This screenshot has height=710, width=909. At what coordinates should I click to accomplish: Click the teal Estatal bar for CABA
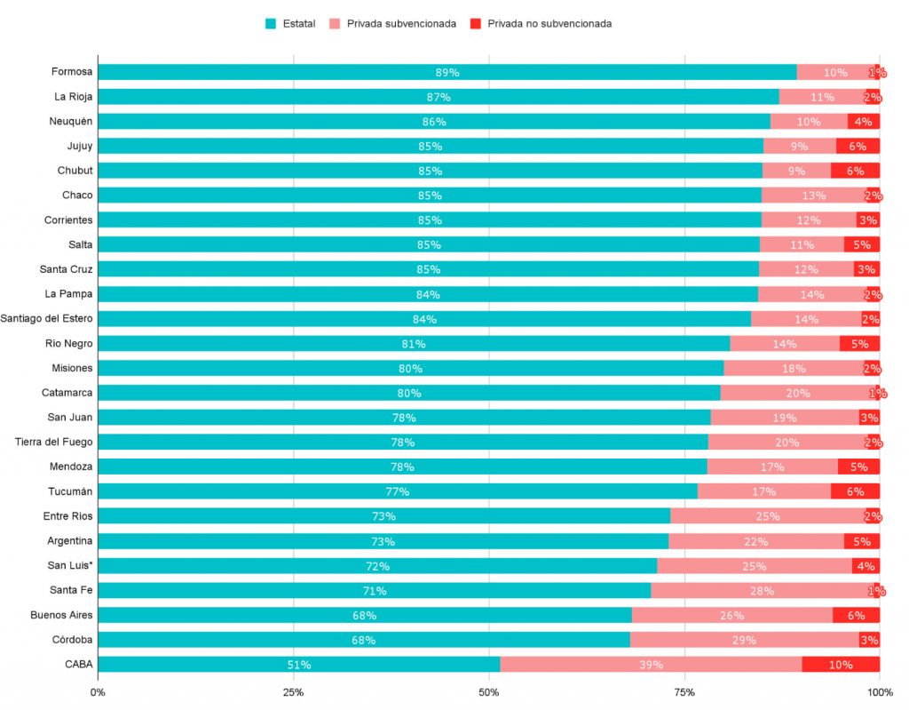[x=298, y=664]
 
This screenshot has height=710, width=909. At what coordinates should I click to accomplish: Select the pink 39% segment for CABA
[x=651, y=664]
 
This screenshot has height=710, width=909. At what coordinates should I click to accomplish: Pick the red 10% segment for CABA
[x=841, y=664]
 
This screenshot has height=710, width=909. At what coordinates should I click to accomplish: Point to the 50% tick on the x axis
[x=489, y=692]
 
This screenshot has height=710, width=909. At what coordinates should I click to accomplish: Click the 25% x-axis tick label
[x=293, y=692]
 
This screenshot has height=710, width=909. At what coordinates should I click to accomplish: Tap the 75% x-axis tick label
[x=684, y=692]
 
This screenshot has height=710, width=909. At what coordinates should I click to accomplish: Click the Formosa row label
[x=72, y=72]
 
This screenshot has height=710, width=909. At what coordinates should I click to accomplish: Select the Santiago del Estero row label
[x=46, y=318]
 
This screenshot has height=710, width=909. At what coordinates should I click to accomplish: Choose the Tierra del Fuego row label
[x=54, y=442]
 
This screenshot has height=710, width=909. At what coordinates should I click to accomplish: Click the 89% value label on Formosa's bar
[x=447, y=72]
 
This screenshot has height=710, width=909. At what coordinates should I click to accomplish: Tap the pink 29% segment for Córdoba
[x=744, y=640]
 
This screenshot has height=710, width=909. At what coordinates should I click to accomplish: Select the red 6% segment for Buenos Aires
[x=856, y=615]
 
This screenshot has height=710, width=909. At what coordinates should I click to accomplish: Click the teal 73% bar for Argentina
[x=383, y=541]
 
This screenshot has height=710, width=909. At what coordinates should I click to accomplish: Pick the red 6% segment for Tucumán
[x=855, y=491]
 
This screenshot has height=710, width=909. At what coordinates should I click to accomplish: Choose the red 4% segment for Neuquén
[x=863, y=122]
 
